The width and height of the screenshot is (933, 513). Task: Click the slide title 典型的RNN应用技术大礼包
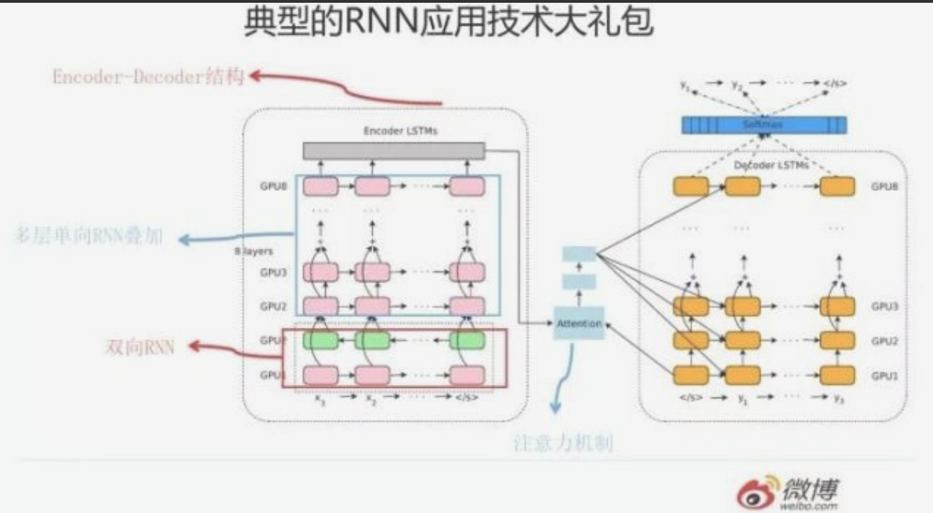tap(448, 22)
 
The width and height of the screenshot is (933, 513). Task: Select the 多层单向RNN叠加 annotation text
tap(88, 236)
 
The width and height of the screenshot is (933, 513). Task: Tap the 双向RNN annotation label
tap(139, 347)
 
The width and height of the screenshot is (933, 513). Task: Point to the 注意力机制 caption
tap(564, 444)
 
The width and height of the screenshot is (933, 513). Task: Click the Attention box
tap(578, 324)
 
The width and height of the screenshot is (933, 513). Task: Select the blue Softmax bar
tap(763, 125)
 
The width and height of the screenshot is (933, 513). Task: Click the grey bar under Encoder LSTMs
tap(394, 150)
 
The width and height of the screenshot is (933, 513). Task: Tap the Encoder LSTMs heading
tap(400, 131)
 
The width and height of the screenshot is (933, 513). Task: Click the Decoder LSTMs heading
tap(770, 166)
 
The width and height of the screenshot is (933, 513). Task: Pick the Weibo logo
tap(788, 492)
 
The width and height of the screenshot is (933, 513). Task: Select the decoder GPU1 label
tap(885, 375)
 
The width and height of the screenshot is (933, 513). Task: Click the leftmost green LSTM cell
tap(320, 340)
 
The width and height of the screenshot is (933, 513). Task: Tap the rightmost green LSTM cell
tap(467, 340)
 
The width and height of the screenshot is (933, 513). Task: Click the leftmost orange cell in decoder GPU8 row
tap(690, 187)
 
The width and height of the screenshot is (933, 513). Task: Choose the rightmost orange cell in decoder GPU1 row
tap(837, 375)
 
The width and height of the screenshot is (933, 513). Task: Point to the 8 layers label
tap(254, 251)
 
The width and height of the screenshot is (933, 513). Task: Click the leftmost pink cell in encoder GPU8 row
tap(320, 187)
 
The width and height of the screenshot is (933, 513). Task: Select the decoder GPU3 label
tap(885, 306)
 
